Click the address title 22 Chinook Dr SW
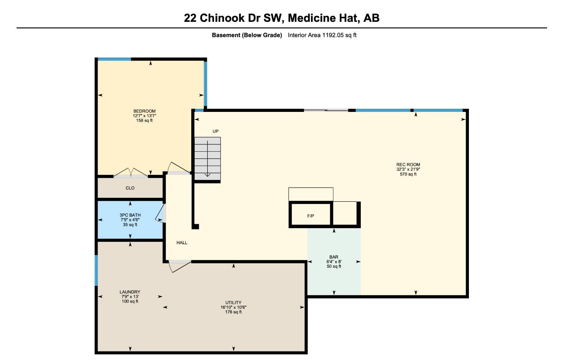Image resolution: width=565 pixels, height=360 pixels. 281,18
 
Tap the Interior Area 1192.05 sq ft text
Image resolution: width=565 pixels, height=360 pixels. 322,35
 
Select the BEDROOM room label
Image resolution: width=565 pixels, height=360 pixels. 144,111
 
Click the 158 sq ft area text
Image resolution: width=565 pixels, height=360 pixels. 144,121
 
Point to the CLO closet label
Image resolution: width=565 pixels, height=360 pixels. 130,188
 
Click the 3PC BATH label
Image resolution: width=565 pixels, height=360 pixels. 130,215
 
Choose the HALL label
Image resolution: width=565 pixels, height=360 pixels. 182,243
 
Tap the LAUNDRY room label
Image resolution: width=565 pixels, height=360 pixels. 130,292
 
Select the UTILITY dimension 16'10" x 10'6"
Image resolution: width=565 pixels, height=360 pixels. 233,307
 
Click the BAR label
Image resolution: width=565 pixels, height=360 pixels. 334,257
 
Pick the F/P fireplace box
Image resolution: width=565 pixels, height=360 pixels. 310,215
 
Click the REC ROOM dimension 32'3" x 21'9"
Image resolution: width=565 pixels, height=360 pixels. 408,169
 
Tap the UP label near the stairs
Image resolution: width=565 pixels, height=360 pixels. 215,131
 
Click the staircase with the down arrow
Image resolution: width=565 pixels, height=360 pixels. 207,158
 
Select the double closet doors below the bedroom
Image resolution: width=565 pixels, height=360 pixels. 131,173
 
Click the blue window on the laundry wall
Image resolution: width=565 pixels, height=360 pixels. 96,270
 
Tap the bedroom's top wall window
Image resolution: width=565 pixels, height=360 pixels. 114,59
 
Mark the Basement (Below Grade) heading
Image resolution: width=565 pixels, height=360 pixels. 247,35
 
